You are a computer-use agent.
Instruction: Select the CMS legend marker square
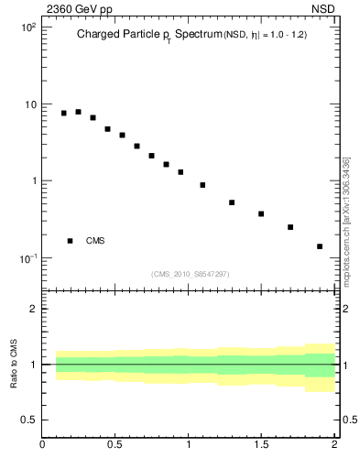pyautogui.click(x=71, y=241)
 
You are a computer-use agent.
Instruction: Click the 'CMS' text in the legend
pyautogui.click(x=95, y=241)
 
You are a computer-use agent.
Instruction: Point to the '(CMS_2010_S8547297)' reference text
pyautogui.click(x=191, y=274)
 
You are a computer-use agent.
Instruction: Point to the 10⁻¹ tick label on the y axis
pyautogui.click(x=27, y=258)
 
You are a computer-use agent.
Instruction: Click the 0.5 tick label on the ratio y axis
pyautogui.click(x=28, y=420)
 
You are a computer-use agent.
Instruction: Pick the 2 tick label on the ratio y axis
pyautogui.click(x=33, y=309)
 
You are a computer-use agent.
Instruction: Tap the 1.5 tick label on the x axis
pyautogui.click(x=261, y=446)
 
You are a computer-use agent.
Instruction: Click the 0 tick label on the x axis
pyautogui.click(x=42, y=446)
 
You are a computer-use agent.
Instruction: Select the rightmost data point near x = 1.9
pyautogui.click(x=320, y=246)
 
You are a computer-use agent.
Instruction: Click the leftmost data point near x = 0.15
pyautogui.click(x=64, y=113)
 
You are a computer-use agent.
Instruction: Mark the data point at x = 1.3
pyautogui.click(x=232, y=202)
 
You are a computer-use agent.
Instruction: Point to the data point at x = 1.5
pyautogui.click(x=261, y=214)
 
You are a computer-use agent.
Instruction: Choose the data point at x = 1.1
pyautogui.click(x=202, y=185)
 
